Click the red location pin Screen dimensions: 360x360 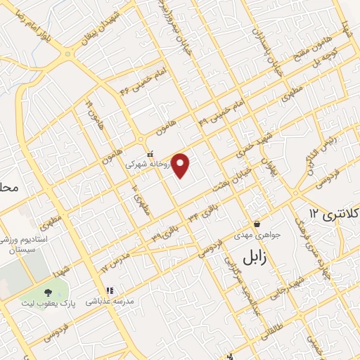[x=181, y=165]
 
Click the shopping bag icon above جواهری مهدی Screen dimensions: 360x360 [x=257, y=224]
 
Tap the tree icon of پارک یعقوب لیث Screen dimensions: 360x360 [x=48, y=291]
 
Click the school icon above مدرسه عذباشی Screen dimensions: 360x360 [x=109, y=290]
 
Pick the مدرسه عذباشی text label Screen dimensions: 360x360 [x=109, y=301]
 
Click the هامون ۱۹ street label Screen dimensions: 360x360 [x=90, y=113]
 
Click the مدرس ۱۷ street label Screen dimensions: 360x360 [x=114, y=260]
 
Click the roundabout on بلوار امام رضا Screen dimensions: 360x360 [x=67, y=53]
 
